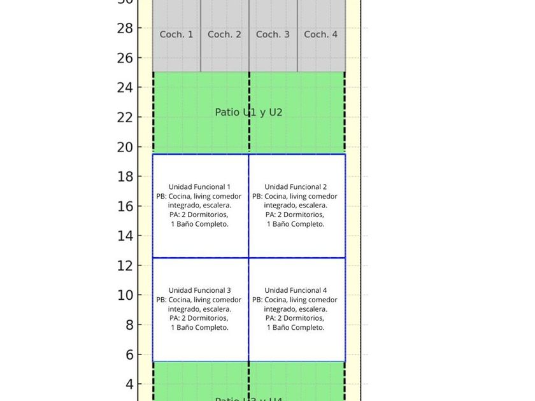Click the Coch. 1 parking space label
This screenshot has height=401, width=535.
click(176, 34)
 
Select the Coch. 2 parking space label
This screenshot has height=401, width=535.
click(224, 34)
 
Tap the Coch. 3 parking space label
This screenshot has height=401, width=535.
click(273, 34)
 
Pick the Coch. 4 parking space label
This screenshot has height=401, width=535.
click(320, 34)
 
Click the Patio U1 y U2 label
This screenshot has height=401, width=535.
click(248, 112)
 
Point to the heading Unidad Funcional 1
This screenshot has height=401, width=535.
click(199, 186)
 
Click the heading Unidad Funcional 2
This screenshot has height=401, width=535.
click(296, 186)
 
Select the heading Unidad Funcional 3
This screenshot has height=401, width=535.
click(199, 290)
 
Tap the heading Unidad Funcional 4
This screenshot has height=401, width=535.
click(296, 290)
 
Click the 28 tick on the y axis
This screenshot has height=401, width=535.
click(125, 28)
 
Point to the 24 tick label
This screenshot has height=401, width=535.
click(125, 87)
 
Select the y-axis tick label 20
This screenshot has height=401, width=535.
click(125, 147)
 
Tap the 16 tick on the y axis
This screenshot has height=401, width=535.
click(125, 206)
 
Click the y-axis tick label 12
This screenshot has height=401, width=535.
click(125, 265)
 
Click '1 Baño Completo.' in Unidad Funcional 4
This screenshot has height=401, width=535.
click(296, 327)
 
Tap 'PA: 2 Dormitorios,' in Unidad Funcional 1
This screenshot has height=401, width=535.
click(199, 215)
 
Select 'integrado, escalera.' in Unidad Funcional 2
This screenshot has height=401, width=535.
click(296, 205)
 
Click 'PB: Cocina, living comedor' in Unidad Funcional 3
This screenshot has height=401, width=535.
click(199, 300)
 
